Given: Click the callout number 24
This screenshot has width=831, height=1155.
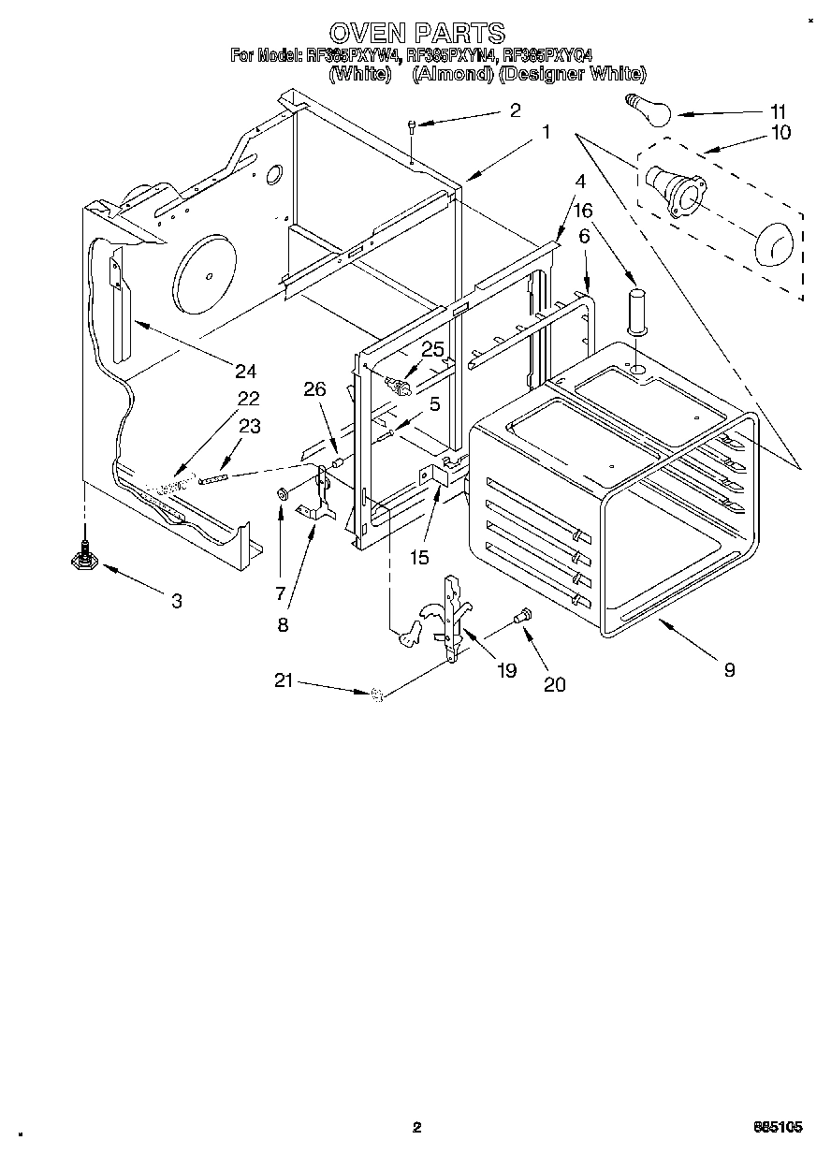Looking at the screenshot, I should click(245, 372).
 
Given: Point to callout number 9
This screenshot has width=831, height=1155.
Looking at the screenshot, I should click(729, 669).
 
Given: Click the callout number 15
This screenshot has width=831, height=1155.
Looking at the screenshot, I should click(418, 558).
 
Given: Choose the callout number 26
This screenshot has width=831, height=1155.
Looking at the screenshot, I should click(314, 388).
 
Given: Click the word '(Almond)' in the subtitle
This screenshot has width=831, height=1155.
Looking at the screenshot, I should click(452, 74).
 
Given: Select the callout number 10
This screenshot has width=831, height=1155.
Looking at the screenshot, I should click(779, 132).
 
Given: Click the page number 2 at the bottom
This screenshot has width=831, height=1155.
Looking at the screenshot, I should click(417, 1129).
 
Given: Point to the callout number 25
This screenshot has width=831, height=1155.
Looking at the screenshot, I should click(431, 349).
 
